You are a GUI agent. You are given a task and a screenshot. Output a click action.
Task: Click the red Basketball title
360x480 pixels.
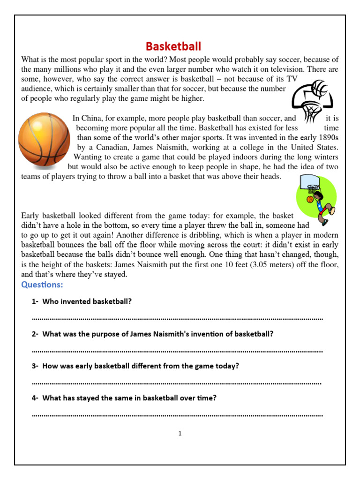point(173,46)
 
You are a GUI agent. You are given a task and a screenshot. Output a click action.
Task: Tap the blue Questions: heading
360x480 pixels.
point(42,285)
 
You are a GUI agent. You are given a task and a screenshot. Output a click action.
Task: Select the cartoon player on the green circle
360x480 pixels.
point(317,199)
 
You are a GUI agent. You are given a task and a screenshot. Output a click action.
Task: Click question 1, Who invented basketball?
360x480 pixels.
point(87,301)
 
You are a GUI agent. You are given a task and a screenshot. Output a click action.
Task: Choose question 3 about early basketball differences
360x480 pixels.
point(140,366)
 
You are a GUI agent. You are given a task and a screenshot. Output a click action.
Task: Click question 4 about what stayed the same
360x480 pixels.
point(129,398)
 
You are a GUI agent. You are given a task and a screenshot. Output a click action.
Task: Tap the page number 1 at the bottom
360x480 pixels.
point(180,434)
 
